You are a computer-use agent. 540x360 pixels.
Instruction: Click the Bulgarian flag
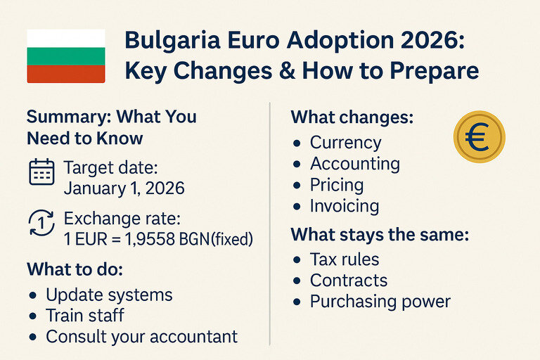65,56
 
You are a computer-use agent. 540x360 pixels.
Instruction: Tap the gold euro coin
480,136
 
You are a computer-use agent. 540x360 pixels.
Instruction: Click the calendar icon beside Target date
41,172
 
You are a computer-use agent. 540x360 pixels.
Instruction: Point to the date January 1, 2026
124,188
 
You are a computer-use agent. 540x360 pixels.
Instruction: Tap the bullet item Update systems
109,295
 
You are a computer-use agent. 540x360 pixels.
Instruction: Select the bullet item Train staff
85,316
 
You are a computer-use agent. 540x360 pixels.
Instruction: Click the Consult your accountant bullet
141,337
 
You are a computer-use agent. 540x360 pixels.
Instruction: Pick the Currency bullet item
345,143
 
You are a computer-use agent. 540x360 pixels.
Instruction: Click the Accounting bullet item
354,165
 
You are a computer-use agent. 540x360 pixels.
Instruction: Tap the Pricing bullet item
337,186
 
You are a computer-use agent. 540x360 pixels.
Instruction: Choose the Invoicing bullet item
345,207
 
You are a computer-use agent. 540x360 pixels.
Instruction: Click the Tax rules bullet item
345,259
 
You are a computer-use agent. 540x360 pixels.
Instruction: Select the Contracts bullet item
348,281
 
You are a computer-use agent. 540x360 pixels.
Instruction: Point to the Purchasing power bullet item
380,302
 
